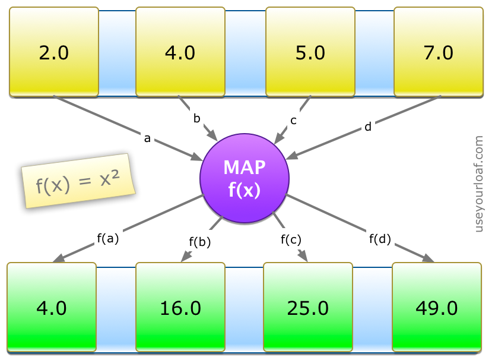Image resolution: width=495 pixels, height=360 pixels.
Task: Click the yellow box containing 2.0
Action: click(x=54, y=52)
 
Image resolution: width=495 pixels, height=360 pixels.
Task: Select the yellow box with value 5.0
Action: click(x=310, y=52)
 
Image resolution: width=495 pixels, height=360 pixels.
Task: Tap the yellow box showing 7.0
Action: click(x=439, y=52)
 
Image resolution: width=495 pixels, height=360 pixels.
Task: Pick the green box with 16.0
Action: click(x=180, y=308)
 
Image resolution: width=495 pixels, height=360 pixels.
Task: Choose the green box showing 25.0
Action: click(x=307, y=308)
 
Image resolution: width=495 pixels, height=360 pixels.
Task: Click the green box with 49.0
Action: click(x=436, y=308)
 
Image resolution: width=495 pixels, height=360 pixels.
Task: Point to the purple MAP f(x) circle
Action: click(x=245, y=178)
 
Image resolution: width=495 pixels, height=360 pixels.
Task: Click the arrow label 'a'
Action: click(x=147, y=138)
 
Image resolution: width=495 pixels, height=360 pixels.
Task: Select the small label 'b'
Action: click(x=196, y=118)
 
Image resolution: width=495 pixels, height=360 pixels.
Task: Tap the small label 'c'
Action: click(x=293, y=119)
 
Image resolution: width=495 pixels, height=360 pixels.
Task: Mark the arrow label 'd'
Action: click(x=368, y=127)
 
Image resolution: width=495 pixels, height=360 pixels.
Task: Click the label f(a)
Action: click(x=108, y=238)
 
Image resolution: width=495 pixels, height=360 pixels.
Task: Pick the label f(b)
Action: click(x=200, y=241)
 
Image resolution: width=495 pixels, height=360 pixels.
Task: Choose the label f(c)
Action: click(x=291, y=239)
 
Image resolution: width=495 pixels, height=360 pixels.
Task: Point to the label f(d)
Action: click(x=380, y=239)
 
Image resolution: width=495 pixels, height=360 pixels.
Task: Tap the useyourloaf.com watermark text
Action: click(x=479, y=184)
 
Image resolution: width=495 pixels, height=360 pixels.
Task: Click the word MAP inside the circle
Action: click(x=245, y=168)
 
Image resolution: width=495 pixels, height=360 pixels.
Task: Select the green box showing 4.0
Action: click(x=52, y=308)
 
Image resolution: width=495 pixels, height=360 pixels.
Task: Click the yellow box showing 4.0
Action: click(x=180, y=52)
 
